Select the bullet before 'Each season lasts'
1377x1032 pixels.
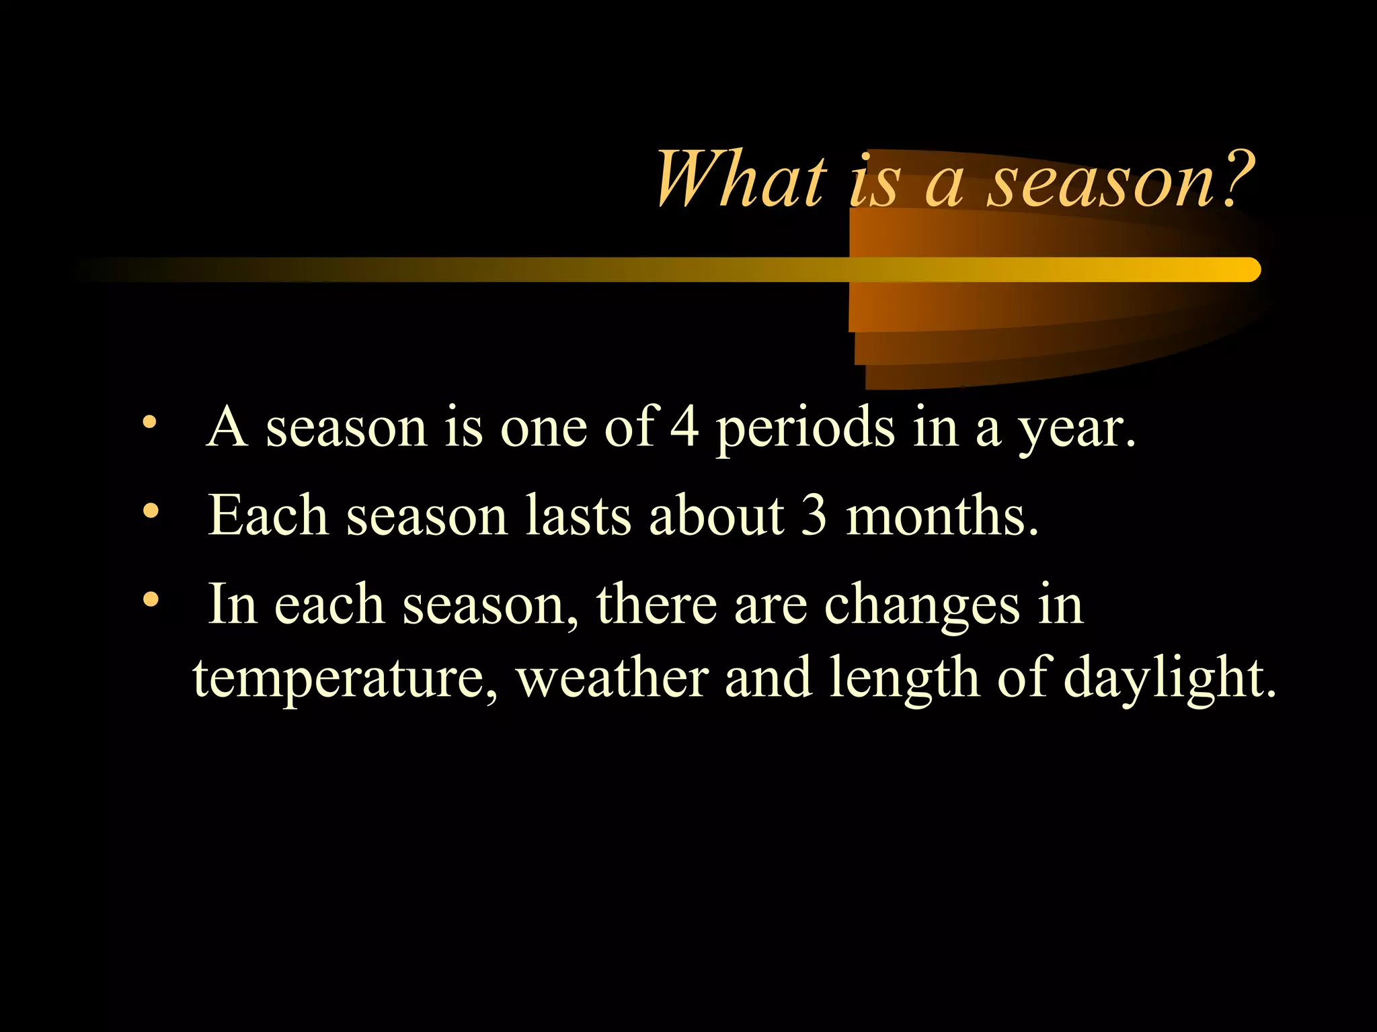click(x=151, y=511)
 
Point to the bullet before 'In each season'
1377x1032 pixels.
click(x=151, y=599)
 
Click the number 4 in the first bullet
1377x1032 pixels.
click(x=684, y=427)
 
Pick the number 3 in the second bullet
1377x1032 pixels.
click(x=814, y=516)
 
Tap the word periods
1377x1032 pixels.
click(x=805, y=430)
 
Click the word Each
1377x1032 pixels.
click(x=268, y=516)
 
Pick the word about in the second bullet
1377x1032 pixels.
click(x=716, y=516)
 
